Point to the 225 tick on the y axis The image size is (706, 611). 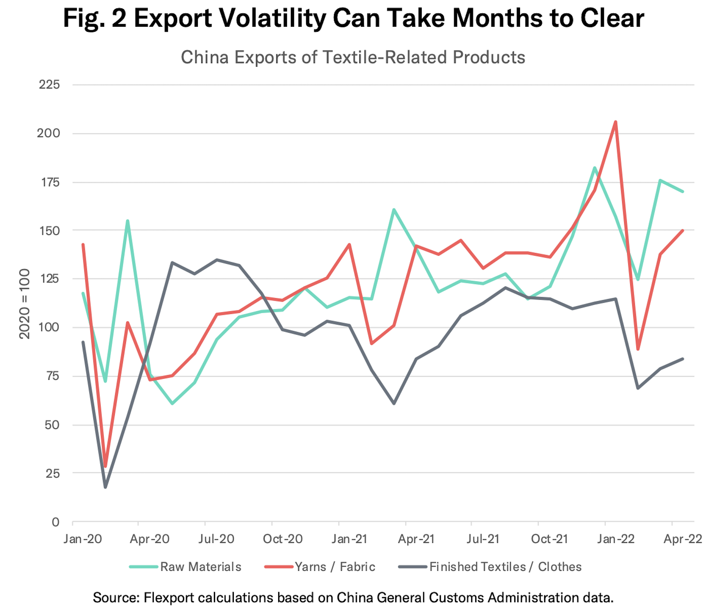tap(49, 84)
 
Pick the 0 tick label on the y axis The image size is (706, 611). tap(55, 522)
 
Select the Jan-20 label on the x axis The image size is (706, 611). tap(83, 539)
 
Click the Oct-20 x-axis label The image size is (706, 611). tap(282, 539)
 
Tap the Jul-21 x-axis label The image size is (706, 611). tap(483, 539)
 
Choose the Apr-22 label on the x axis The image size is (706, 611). tap(683, 539)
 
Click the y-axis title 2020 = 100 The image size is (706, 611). tap(24, 304)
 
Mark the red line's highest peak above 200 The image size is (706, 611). tap(615, 122)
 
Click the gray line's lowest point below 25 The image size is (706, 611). tap(105, 487)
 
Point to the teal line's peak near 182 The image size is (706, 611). tap(595, 168)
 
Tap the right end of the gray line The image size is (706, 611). tap(683, 359)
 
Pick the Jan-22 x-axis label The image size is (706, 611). tap(616, 539)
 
